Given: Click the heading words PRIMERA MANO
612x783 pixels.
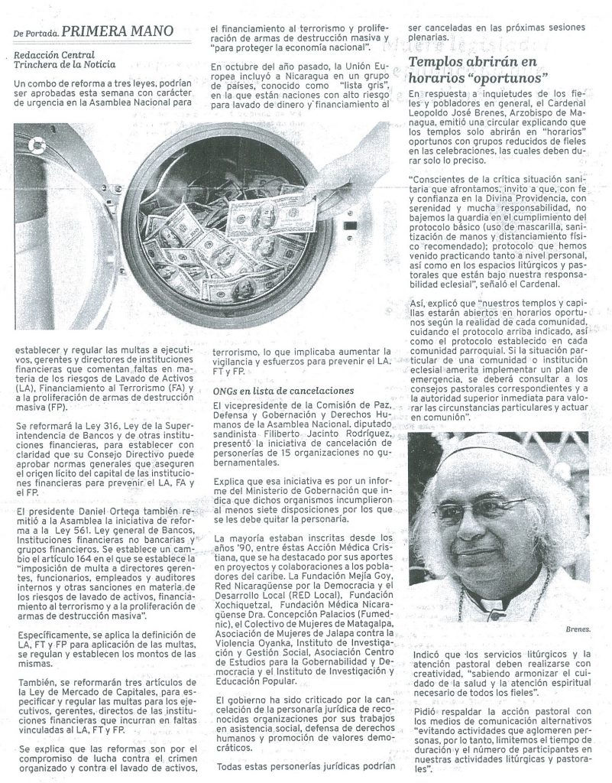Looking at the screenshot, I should click(x=115, y=31).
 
